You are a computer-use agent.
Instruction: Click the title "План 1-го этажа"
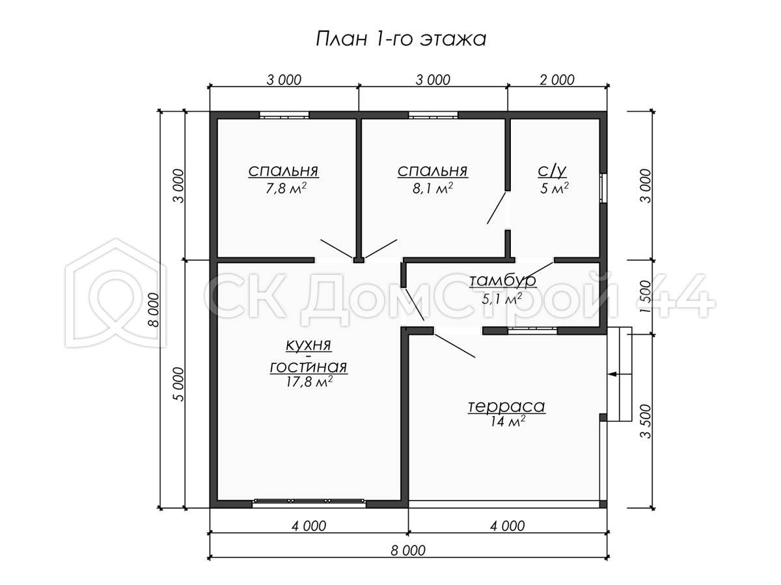coord(401,39)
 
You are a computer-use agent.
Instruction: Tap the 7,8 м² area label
coord(286,188)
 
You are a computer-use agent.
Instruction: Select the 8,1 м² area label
coord(433,188)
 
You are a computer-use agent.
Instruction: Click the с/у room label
coord(552,171)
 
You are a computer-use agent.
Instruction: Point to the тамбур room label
coord(502,280)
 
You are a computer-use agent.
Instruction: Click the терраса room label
coord(506,406)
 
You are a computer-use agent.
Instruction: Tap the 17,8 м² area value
coord(309,382)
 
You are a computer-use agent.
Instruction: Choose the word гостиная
coord(308,367)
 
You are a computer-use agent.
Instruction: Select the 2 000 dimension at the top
coord(557,80)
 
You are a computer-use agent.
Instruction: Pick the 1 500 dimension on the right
coord(645,297)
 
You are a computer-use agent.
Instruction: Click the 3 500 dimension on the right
coord(645,421)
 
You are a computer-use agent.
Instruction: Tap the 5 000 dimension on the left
coord(179,384)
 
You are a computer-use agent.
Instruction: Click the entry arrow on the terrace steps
coord(620,374)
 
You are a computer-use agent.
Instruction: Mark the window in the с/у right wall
coord(603,188)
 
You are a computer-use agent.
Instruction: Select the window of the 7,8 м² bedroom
coord(284,115)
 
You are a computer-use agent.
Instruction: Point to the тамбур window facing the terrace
coord(532,331)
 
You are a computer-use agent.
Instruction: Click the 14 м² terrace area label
coord(508,421)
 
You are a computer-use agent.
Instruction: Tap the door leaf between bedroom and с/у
coord(497,208)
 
